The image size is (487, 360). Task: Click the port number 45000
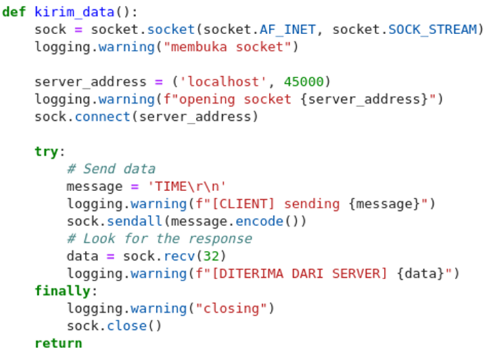[x=303, y=82]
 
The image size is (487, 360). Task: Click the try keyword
[x=46, y=152]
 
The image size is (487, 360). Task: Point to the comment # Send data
[x=110, y=169]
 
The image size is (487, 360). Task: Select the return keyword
[x=58, y=343]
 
